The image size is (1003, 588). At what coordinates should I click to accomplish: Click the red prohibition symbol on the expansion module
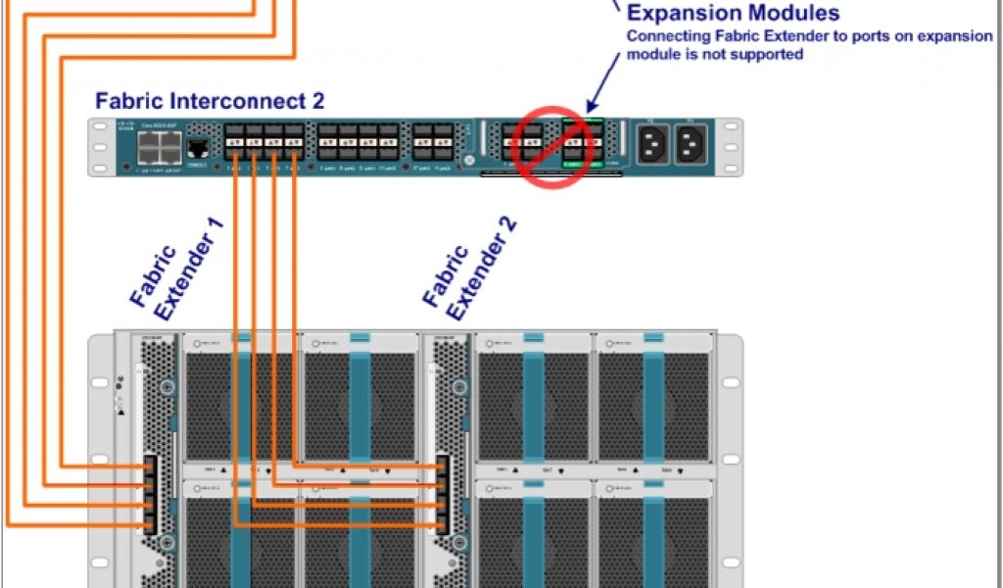(554, 148)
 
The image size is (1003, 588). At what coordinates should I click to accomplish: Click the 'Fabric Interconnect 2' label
(210, 100)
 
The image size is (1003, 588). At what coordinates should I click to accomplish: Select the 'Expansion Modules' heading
(733, 14)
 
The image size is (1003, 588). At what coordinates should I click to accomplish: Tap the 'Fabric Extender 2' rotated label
(470, 269)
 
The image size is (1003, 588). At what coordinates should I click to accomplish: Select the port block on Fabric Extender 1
(150, 494)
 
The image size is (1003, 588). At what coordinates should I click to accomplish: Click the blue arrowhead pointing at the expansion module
(593, 106)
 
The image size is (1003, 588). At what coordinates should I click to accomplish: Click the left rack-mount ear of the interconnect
(97, 147)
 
